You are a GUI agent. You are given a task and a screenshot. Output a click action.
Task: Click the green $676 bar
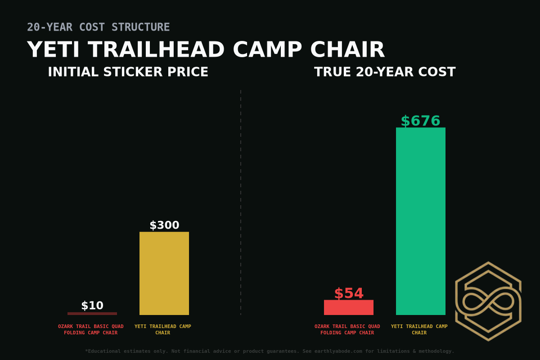coord(420,221)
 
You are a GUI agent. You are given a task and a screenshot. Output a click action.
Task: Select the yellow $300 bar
coord(164,273)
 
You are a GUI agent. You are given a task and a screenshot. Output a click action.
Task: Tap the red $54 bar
coord(348,307)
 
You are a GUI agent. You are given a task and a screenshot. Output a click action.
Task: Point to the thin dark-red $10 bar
coord(92,314)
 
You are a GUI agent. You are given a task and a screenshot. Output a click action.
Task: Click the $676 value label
coord(420,121)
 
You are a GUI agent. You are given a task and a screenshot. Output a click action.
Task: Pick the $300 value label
coord(164,225)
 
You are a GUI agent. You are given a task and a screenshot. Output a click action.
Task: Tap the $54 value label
coord(349,293)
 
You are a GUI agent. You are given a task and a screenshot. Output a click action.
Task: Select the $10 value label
coord(92,306)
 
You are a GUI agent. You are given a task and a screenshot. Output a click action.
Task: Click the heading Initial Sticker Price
coord(128,72)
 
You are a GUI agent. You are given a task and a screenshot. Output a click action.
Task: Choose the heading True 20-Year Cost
coord(385,72)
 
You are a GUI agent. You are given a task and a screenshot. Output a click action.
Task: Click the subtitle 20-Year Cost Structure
coord(98,27)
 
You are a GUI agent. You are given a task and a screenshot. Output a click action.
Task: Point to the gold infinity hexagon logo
coord(488,301)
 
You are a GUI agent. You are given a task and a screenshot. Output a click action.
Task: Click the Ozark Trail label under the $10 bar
coord(90,329)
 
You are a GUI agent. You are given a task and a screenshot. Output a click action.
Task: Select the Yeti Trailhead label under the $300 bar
coord(162,329)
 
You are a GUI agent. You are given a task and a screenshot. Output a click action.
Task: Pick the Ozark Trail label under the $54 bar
coord(347,329)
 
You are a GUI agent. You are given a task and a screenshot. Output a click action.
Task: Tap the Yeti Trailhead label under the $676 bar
coord(419,329)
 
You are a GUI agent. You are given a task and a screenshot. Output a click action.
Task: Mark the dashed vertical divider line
coord(241,202)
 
